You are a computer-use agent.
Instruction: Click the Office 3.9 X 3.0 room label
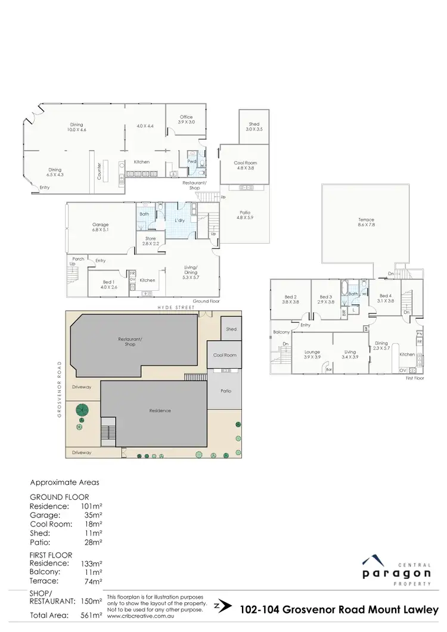(186, 119)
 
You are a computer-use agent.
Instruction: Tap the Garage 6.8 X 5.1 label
(100, 227)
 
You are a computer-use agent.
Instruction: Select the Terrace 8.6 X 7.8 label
(366, 222)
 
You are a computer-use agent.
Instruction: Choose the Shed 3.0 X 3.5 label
(254, 126)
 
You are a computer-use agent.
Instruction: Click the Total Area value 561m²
(92, 615)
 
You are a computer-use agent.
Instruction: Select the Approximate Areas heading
(65, 482)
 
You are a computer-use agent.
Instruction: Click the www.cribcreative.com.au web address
(136, 616)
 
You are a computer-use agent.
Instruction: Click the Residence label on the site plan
(160, 410)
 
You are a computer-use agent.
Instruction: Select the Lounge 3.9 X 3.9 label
(312, 354)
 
